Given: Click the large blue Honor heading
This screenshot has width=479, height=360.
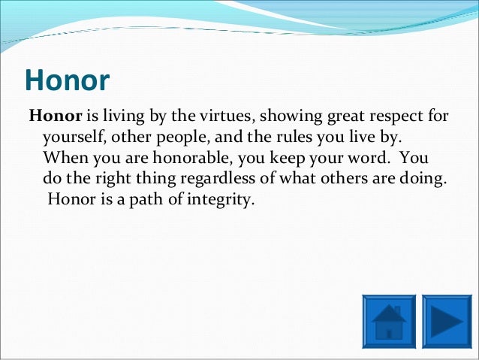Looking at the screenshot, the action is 68,80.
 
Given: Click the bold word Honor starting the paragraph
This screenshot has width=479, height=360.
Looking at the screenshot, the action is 56,116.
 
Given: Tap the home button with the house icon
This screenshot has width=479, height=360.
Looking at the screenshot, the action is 389,322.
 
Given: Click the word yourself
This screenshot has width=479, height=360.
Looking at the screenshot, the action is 74,138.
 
